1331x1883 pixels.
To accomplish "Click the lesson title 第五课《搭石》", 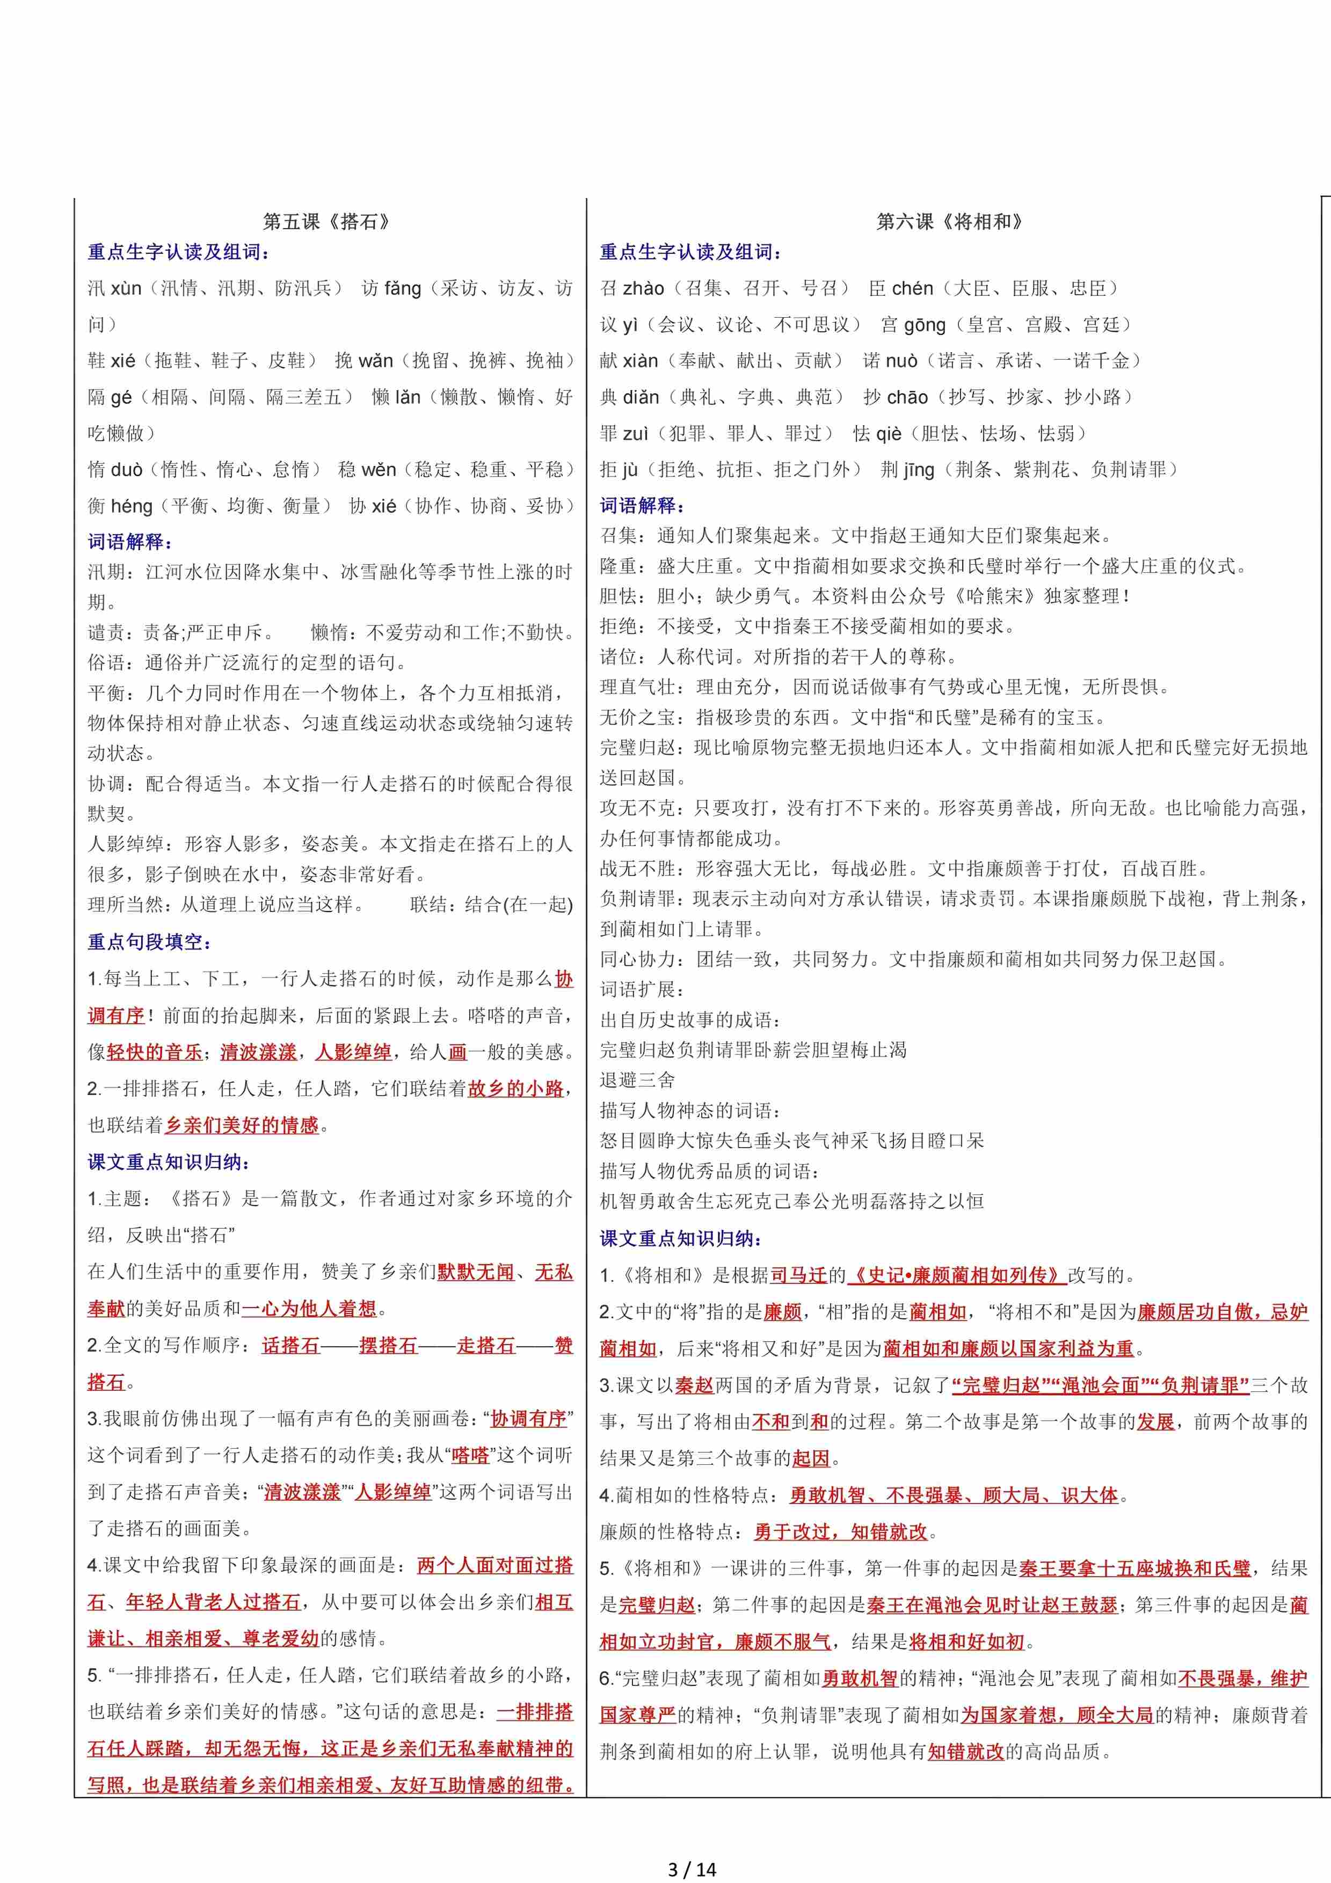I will coord(326,222).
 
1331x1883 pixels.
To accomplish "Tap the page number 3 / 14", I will coord(692,1869).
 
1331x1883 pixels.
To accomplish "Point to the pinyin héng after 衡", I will coord(130,506).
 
